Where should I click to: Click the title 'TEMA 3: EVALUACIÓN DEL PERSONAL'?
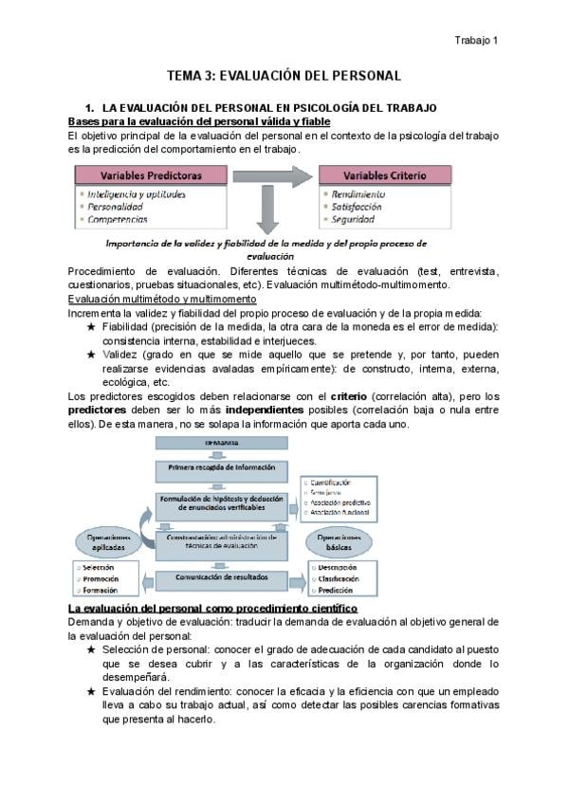[x=284, y=74]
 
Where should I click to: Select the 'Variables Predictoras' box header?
[x=151, y=175]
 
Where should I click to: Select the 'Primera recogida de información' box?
[x=221, y=467]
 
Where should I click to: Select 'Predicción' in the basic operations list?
[x=337, y=591]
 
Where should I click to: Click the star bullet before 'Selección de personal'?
[x=90, y=649]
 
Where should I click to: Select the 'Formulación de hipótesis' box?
[x=221, y=503]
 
